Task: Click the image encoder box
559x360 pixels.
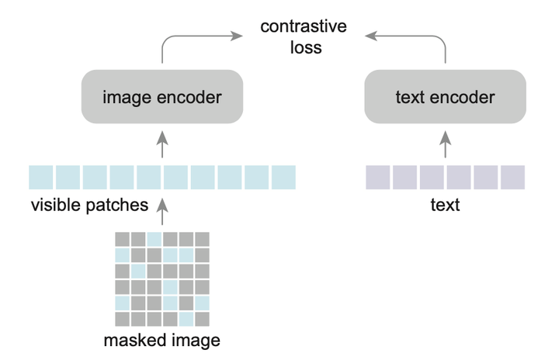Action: tap(162, 99)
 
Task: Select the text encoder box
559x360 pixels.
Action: tap(445, 99)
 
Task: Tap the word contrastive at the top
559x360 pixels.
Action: tap(304, 28)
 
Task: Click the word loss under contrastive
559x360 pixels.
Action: tap(303, 48)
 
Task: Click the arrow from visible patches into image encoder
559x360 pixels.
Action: tap(162, 144)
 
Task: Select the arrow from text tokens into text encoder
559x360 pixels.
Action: tap(445, 144)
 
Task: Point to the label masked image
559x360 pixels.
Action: tap(163, 340)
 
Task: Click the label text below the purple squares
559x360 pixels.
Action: tap(446, 206)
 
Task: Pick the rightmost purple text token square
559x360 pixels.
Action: tap(512, 178)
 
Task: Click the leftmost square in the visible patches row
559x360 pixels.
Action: tap(41, 178)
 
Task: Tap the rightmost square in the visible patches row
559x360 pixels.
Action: tap(283, 178)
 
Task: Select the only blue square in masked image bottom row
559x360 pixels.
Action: tap(186, 319)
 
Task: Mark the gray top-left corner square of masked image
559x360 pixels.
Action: tap(123, 239)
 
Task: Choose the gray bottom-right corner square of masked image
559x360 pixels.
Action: tap(203, 319)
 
